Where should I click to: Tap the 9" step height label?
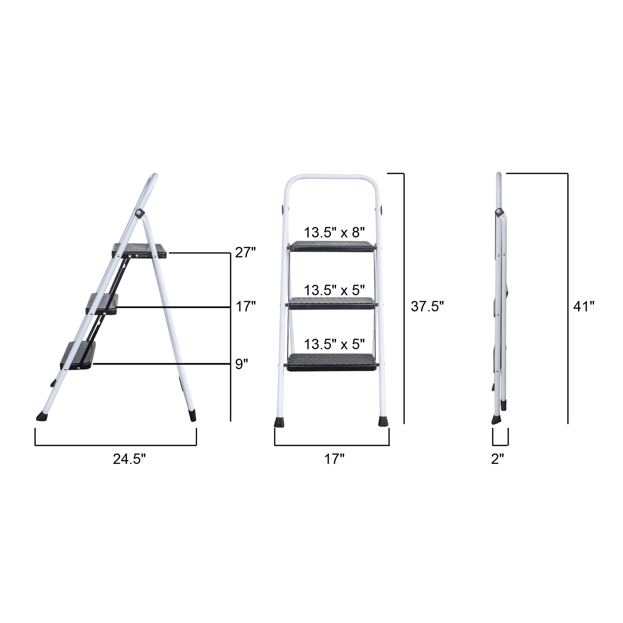pyautogui.click(x=241, y=364)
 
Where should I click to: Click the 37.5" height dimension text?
pyautogui.click(x=427, y=306)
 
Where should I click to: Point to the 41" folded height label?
pyautogui.click(x=584, y=306)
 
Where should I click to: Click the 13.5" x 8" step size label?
pyautogui.click(x=334, y=232)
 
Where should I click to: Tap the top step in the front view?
pyautogui.click(x=333, y=246)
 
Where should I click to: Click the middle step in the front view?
pyautogui.click(x=333, y=303)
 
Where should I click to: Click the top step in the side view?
pyautogui.click(x=139, y=250)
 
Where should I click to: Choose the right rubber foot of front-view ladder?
pyautogui.click(x=383, y=422)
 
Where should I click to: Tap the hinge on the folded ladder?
pyautogui.click(x=499, y=212)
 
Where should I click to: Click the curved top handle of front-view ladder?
pyautogui.click(x=332, y=177)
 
